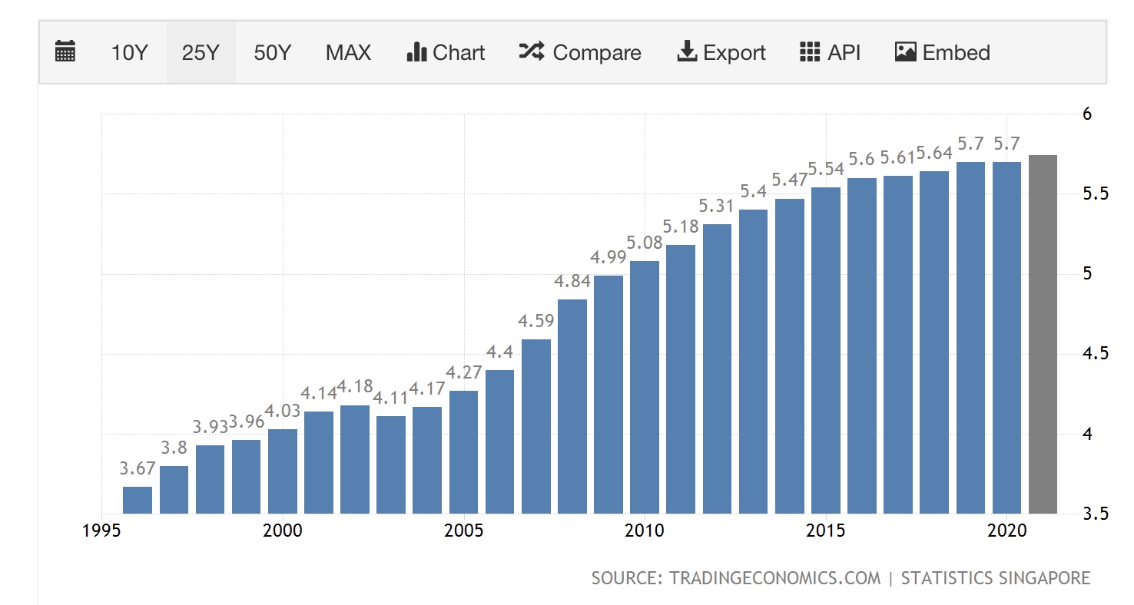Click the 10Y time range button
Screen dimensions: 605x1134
(x=128, y=53)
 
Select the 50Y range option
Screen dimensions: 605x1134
(x=273, y=53)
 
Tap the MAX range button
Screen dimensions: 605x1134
(x=348, y=53)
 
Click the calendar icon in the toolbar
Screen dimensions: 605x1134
(x=65, y=53)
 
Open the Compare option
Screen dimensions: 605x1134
(x=580, y=53)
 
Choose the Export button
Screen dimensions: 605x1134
(x=721, y=53)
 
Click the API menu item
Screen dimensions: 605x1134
(x=830, y=53)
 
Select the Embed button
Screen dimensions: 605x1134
(x=942, y=53)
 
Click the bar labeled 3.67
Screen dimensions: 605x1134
(x=138, y=500)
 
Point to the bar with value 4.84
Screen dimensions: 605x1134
(x=572, y=406)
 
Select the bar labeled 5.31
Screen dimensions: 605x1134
(x=717, y=369)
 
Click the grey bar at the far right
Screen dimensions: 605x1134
(x=1043, y=334)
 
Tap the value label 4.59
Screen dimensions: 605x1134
(x=536, y=321)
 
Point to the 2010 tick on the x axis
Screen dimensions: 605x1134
(x=645, y=531)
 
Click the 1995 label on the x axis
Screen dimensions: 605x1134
(x=102, y=531)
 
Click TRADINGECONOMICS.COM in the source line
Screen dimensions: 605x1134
(x=774, y=577)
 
